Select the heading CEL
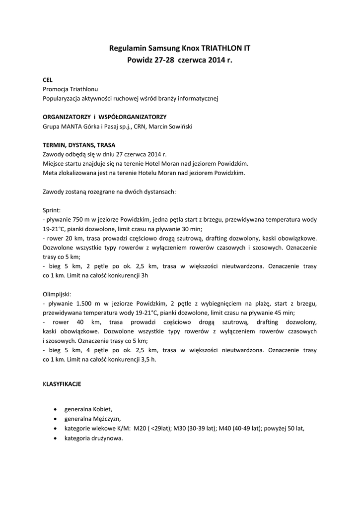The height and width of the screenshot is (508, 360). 48,79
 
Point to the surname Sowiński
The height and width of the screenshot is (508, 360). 179,126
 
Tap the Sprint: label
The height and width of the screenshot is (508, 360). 52,210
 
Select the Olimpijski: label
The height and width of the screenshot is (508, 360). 57,294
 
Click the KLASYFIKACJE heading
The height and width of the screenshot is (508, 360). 62,384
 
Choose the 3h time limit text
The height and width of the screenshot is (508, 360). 144,275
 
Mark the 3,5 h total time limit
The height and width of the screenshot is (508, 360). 148,359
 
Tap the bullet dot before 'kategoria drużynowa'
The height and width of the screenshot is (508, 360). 54,439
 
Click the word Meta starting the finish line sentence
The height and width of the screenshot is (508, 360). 51,173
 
